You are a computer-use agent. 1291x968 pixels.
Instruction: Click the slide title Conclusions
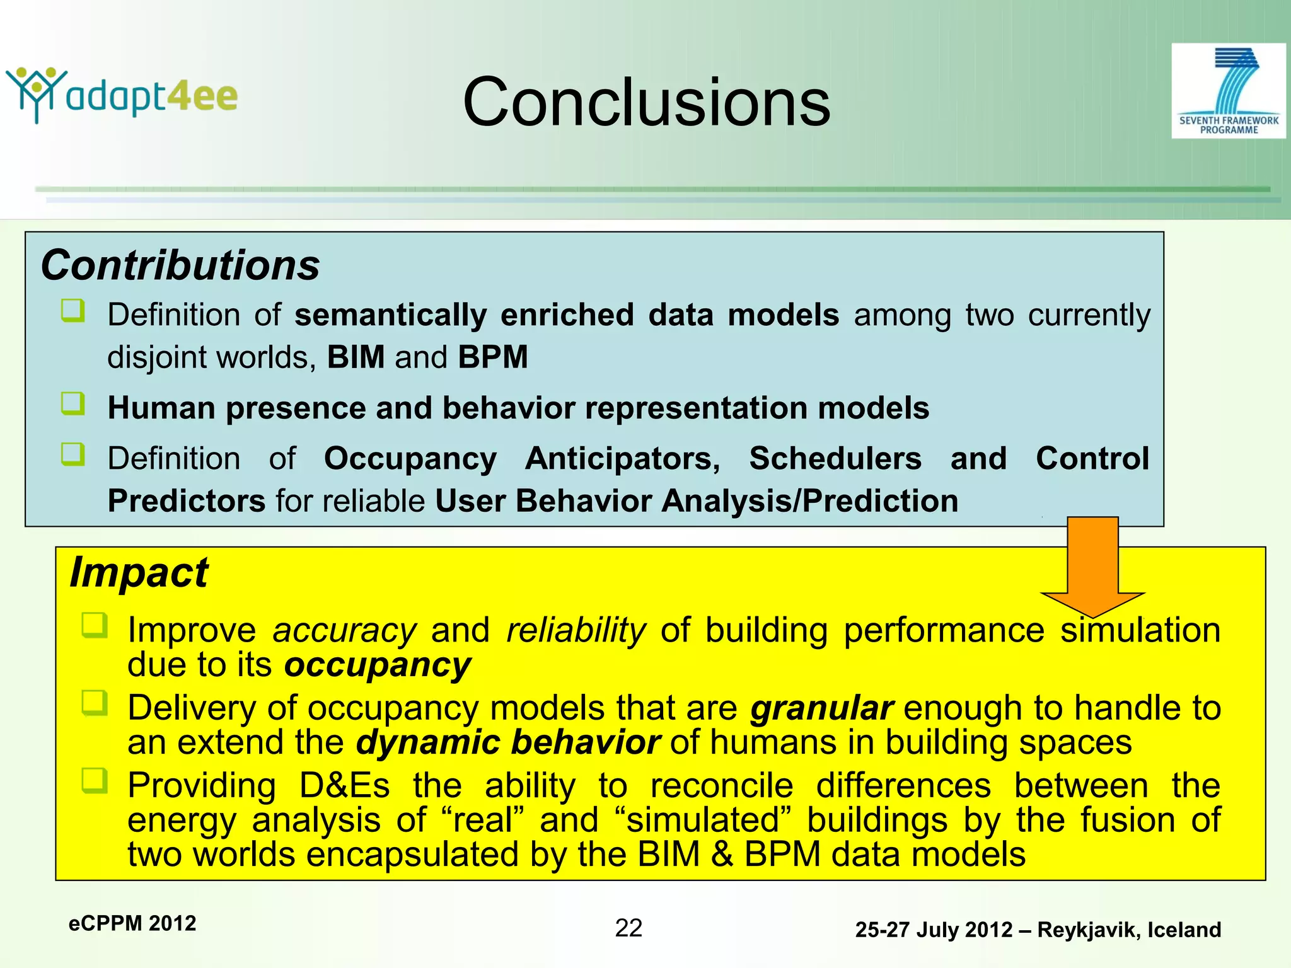[646, 102]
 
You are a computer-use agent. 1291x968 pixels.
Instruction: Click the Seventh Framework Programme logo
[1228, 91]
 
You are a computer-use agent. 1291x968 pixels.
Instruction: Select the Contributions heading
[180, 265]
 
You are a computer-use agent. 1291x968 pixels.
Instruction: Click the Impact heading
[139, 573]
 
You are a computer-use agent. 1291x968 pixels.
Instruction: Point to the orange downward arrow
[1092, 564]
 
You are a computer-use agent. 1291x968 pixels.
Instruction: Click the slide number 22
[628, 928]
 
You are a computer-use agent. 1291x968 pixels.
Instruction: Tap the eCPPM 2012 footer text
[132, 923]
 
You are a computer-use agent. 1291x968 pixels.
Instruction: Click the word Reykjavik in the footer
[1088, 930]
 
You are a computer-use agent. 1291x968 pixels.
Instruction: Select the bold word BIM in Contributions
[356, 357]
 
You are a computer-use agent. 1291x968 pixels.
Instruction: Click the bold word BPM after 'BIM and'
[493, 357]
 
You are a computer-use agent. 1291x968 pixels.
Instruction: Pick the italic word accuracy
[344, 630]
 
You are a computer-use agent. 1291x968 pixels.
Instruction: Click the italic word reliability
[576, 630]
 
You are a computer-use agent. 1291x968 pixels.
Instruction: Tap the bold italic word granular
[821, 708]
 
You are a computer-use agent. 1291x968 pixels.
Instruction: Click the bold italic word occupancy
[377, 665]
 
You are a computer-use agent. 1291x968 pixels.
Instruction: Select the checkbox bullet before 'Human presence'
[73, 403]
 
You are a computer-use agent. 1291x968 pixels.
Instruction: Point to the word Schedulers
[835, 458]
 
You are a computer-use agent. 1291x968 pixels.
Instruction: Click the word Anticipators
[622, 458]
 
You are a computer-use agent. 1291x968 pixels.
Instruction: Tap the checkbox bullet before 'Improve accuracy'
[95, 625]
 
